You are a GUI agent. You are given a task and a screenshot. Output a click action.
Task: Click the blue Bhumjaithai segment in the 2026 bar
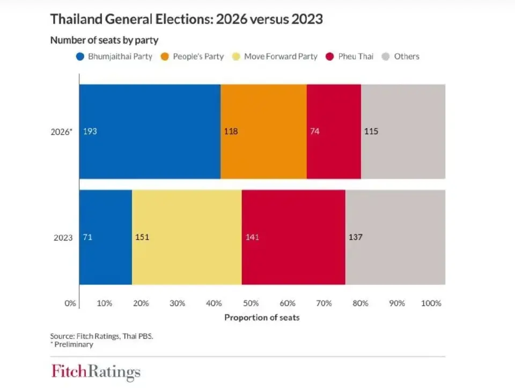click(150, 131)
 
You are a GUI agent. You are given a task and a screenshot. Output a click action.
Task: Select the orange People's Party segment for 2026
click(264, 131)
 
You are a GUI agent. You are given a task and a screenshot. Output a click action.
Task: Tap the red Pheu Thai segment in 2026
click(334, 131)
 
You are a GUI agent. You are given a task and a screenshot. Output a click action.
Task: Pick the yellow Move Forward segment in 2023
click(187, 237)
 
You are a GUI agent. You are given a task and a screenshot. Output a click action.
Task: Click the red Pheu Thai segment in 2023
click(293, 237)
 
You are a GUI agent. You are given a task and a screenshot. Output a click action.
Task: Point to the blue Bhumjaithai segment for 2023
click(106, 237)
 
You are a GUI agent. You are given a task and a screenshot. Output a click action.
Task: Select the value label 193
click(90, 131)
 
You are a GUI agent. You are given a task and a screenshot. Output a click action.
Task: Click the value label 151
click(142, 237)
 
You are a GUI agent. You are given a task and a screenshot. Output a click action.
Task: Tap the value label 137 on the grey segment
click(356, 237)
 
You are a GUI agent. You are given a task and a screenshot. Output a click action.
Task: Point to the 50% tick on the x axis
click(251, 303)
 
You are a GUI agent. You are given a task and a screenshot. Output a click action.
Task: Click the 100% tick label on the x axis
click(431, 303)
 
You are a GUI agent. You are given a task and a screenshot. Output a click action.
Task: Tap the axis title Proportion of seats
click(262, 317)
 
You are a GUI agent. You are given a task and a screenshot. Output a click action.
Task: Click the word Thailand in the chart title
click(75, 20)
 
